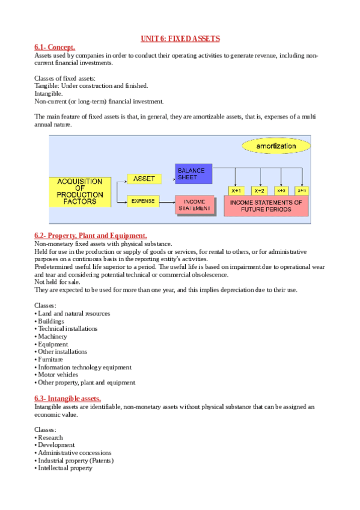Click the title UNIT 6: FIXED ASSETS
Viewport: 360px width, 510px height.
coord(180,39)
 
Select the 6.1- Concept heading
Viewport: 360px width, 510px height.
coord(55,47)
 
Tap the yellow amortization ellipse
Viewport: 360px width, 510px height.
coord(276,146)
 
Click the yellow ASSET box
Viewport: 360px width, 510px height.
coord(144,179)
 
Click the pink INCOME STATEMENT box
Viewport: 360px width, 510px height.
coord(194,205)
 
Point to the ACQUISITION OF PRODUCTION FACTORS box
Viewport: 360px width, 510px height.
coord(79,192)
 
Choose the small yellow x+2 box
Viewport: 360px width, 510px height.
coord(259,190)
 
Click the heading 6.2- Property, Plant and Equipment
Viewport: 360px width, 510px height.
coord(91,236)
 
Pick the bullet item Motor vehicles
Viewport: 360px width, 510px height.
coord(58,374)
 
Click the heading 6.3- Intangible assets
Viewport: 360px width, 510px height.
coord(68,399)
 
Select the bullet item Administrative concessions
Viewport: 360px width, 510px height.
coord(74,452)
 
